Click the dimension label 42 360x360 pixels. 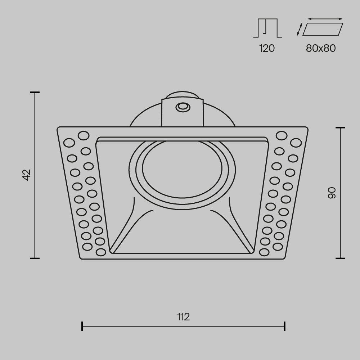tap(27, 175)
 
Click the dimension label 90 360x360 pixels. tap(332, 193)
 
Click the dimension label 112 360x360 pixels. tap(183, 317)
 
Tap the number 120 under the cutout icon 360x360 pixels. tap(267, 48)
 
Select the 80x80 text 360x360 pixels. tap(321, 48)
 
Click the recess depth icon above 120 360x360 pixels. tap(267, 28)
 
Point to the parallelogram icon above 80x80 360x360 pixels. tap(323, 29)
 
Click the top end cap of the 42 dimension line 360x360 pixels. tap(35, 93)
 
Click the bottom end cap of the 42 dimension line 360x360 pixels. tap(35, 258)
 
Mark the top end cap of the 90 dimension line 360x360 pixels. tap(340, 128)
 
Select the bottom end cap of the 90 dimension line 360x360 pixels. tap(340, 258)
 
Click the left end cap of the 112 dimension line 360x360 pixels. tap(82, 326)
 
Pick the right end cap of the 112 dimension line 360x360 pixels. tap(285, 326)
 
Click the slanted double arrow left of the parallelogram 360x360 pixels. tap(299, 30)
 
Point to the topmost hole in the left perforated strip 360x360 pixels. tap(84, 135)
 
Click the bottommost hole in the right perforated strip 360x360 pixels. tap(264, 252)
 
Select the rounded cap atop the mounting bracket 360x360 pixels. tap(182, 94)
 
